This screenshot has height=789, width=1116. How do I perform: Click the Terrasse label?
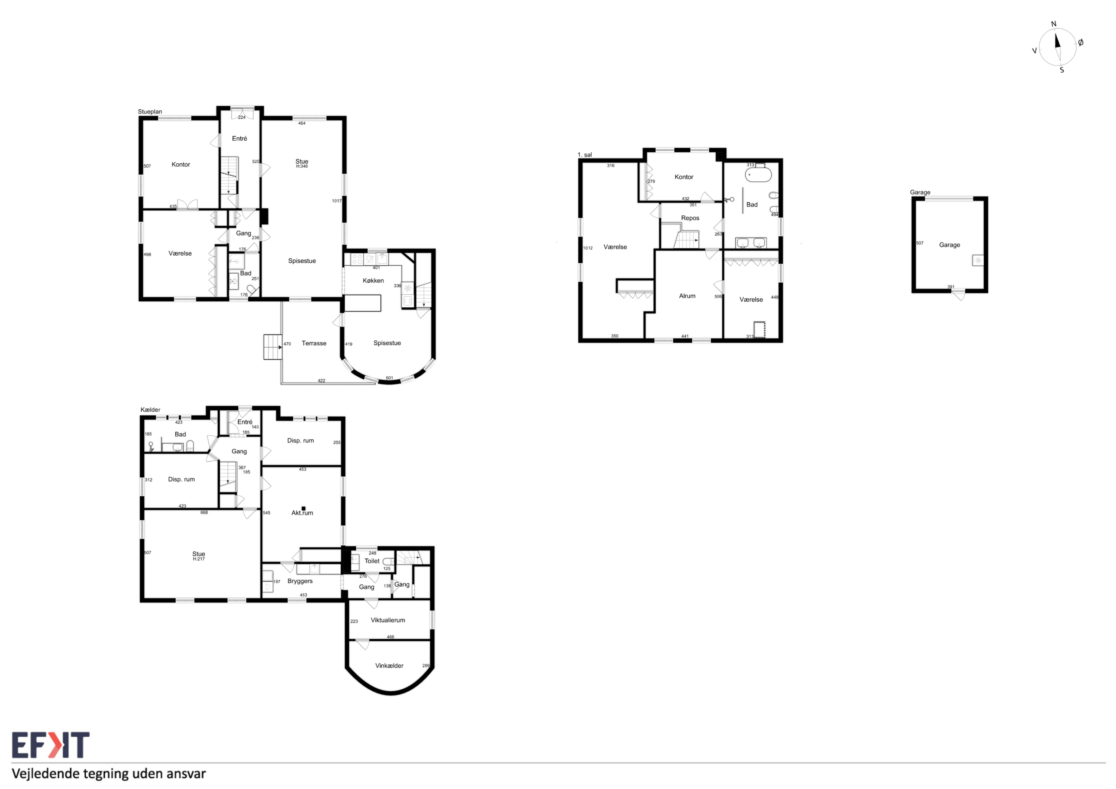[314, 343]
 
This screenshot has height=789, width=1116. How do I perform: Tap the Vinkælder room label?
[389, 665]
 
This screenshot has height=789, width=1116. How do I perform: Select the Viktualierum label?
[388, 620]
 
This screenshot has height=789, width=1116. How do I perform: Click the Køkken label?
[373, 280]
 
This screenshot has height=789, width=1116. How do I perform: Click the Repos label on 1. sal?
[690, 218]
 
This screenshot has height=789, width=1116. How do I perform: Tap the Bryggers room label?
[300, 581]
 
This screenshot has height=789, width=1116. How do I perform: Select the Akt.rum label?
[302, 513]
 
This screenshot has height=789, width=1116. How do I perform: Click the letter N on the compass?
[1054, 24]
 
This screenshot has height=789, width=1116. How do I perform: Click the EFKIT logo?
[50, 745]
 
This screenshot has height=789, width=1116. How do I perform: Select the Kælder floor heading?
[150, 410]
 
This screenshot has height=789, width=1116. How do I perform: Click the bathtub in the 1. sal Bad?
[758, 174]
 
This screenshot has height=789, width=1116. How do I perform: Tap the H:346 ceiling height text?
[302, 166]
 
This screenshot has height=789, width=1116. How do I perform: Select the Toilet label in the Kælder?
[372, 561]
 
